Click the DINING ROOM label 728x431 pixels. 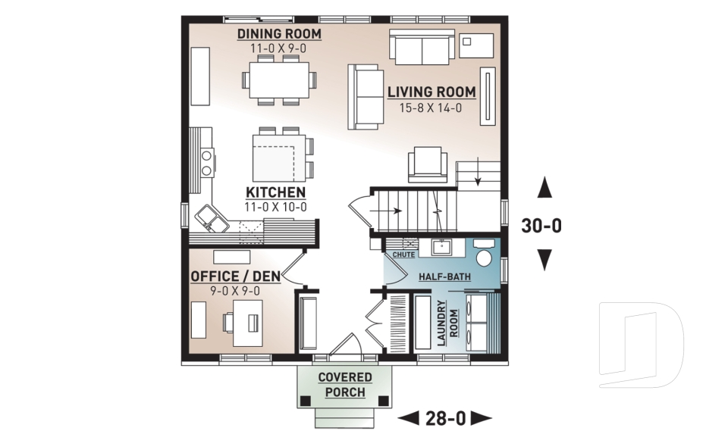point(279,34)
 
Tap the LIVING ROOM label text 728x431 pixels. point(431,92)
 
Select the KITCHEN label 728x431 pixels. point(275,192)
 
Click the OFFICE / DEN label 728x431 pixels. point(235,276)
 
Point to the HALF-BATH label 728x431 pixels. point(444,277)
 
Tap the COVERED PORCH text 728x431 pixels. point(345,385)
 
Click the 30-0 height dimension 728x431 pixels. point(542,226)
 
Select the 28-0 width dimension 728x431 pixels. point(446,417)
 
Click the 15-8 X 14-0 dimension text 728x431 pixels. point(431,108)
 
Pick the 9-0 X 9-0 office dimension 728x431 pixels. point(235,291)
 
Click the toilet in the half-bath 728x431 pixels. point(484,258)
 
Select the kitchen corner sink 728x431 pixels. point(212,219)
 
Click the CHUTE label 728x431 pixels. point(403,255)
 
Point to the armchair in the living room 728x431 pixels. point(427,164)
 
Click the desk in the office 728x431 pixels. point(247,322)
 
